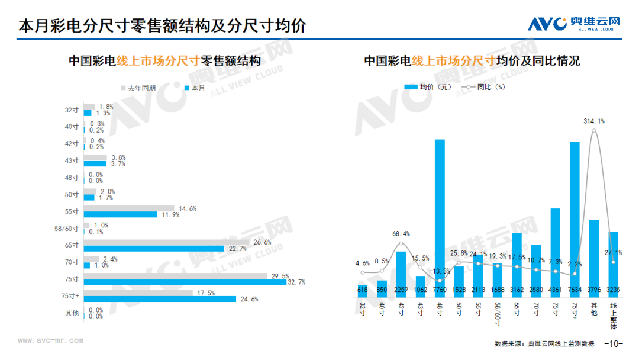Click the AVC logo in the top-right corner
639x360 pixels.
click(574, 24)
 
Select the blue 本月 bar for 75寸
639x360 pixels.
click(185, 282)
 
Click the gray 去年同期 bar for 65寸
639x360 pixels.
click(167, 242)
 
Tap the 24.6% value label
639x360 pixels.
click(250, 299)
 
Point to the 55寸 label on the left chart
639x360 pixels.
click(72, 211)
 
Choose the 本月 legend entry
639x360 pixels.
click(195, 88)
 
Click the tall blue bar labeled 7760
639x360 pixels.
click(440, 218)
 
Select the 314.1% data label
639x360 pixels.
click(594, 121)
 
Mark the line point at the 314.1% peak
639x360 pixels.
click(594, 131)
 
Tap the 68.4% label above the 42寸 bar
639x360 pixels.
click(401, 234)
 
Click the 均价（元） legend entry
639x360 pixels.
click(428, 87)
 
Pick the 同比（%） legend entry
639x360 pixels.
click(483, 87)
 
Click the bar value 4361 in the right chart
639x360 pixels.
click(556, 290)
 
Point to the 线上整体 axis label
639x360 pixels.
click(614, 316)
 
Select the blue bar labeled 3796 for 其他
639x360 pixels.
click(594, 259)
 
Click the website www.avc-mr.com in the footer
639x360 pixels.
click(50, 340)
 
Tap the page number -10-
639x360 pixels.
click(614, 343)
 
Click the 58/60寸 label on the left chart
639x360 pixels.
click(66, 229)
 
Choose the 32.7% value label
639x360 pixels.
click(296, 282)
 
